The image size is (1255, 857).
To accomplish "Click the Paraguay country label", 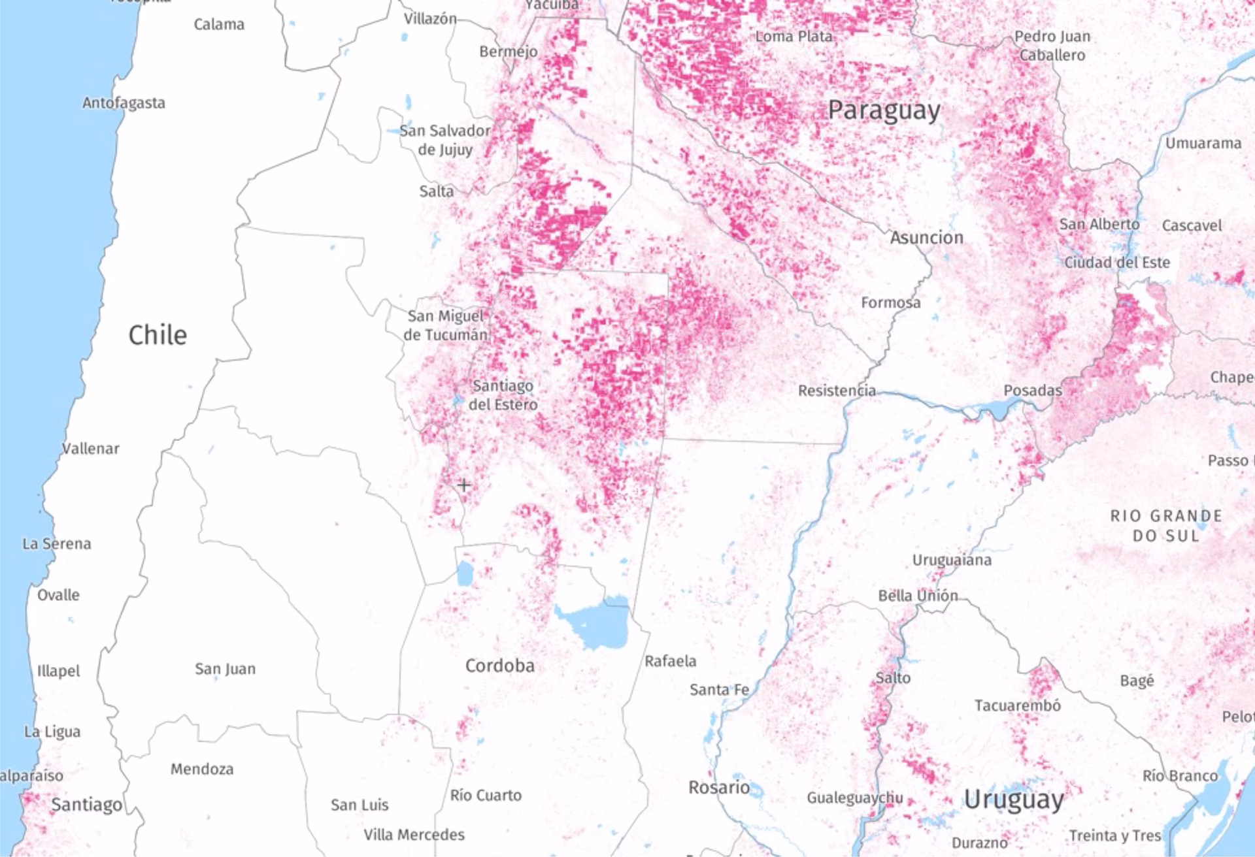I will [x=884, y=110].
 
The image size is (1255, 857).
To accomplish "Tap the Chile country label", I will [x=158, y=335].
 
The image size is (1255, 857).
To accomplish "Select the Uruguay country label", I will [x=1014, y=800].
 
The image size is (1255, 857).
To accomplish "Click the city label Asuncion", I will [x=926, y=238].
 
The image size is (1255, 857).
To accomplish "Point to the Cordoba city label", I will [x=499, y=666].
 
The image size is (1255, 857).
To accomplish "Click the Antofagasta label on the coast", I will [x=124, y=103].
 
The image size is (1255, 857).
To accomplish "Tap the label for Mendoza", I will [x=202, y=769].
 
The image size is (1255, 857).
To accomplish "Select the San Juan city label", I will [x=225, y=669].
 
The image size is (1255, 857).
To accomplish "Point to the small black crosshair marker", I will [x=463, y=485].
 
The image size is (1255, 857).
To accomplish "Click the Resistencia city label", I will [x=837, y=391].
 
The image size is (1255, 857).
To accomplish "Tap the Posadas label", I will [x=1032, y=391].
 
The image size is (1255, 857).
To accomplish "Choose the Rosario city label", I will [x=718, y=787].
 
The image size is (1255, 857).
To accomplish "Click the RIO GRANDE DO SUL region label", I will [x=1166, y=526].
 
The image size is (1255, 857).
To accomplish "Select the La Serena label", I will [x=57, y=543].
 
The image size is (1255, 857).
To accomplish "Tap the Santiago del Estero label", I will [x=503, y=395].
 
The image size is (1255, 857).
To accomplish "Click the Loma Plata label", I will [x=794, y=37].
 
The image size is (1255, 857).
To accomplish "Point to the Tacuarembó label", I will [x=1017, y=705].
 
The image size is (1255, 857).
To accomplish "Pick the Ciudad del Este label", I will [x=1117, y=263].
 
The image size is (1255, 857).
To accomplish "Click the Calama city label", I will [x=219, y=24].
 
